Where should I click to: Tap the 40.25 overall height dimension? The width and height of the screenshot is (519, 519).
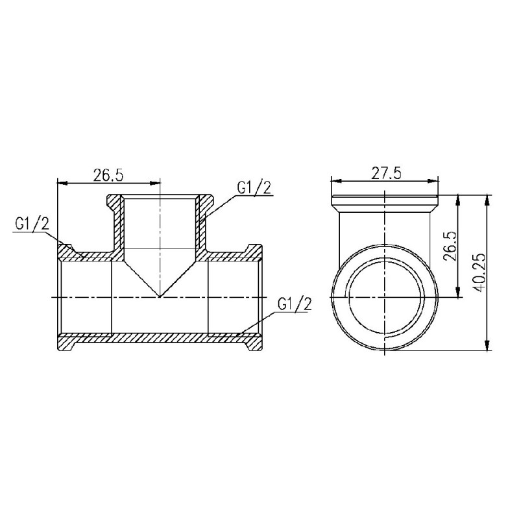coord(479,272)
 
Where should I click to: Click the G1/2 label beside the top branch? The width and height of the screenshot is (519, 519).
coord(253,188)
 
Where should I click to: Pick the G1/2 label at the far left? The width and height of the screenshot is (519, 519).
coord(30,224)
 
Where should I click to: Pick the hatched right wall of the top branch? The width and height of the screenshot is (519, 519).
coord(202,224)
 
